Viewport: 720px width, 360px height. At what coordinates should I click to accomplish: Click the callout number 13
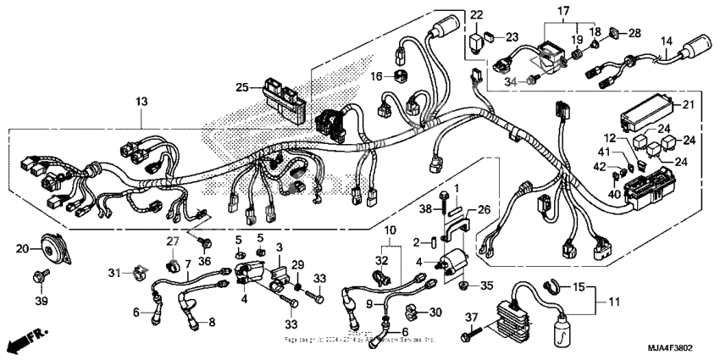(141, 102)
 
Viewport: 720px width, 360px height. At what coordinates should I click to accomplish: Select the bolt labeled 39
(39, 277)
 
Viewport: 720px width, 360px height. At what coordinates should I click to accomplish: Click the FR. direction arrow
(23, 342)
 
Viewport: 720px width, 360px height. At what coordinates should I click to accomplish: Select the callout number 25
(242, 88)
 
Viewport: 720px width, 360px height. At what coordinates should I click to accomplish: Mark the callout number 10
(390, 230)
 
